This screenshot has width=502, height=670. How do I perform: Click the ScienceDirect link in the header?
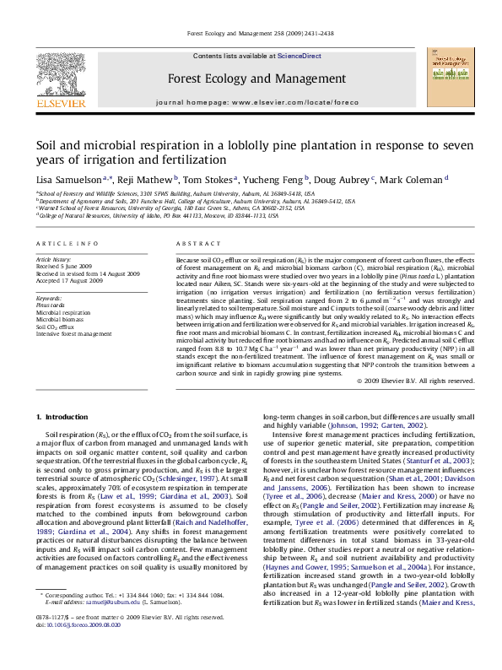coord(300,56)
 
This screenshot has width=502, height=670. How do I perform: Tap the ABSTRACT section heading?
coord(193,243)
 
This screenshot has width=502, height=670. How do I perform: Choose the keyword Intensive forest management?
coord(73,334)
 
